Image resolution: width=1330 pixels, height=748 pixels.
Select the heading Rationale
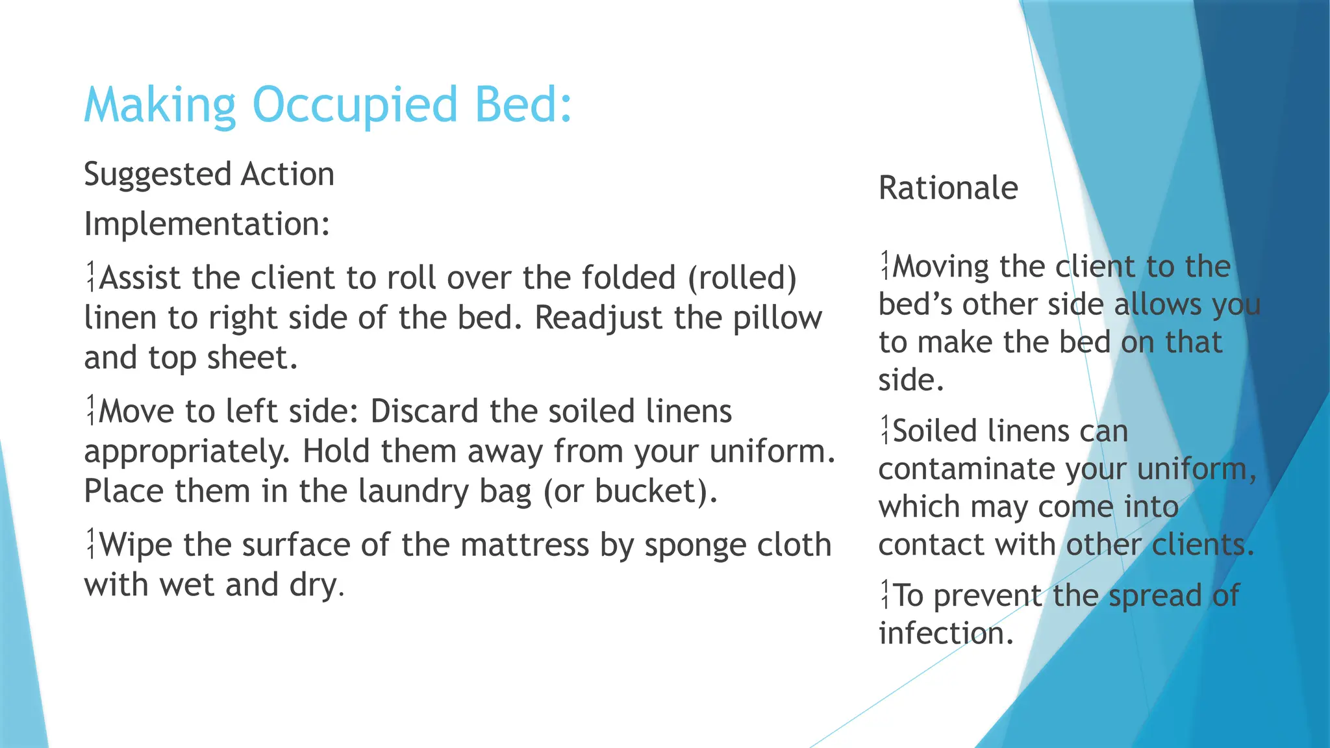coord(947,188)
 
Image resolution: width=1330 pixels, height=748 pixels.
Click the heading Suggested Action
coord(209,175)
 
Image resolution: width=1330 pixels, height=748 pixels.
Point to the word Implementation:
coord(207,224)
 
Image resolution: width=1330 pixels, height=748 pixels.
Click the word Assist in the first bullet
coord(140,278)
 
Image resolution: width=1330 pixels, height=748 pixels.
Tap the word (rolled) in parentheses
coord(742,278)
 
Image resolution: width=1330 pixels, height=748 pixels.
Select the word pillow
coord(777,318)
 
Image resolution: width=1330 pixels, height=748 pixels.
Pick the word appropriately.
coord(186,453)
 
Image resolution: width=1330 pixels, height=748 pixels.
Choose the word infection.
coord(946,633)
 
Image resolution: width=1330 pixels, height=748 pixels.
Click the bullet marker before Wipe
coord(92,544)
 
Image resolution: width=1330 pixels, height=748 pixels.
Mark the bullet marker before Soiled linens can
coord(885,430)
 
